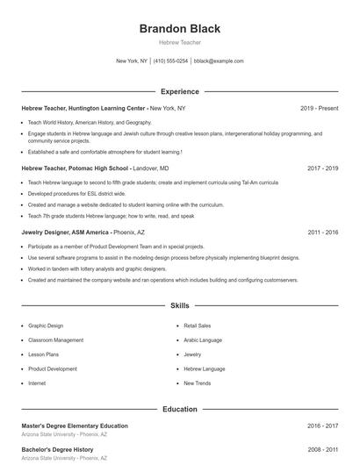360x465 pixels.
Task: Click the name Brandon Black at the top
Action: click(x=179, y=28)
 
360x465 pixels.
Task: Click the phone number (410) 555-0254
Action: click(x=170, y=61)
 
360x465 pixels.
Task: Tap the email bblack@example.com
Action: click(x=219, y=61)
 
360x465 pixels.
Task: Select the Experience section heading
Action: click(x=179, y=91)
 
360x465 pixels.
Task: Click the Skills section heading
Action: click(x=179, y=306)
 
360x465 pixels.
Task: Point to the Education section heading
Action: click(x=179, y=409)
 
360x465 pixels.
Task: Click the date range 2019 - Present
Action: click(x=319, y=108)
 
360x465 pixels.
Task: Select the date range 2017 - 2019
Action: click(x=322, y=168)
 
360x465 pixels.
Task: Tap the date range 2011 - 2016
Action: click(x=322, y=232)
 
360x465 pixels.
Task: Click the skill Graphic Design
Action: click(x=46, y=325)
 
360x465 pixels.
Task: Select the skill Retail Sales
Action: click(x=198, y=325)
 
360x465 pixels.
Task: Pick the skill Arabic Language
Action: click(x=203, y=340)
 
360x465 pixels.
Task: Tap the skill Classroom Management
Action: click(x=55, y=340)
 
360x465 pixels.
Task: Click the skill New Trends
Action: click(x=197, y=383)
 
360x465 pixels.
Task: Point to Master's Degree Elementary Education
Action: click(x=75, y=426)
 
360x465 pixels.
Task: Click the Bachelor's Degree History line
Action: click(x=57, y=449)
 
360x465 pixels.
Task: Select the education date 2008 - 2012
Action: click(x=322, y=449)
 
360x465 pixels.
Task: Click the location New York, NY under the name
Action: click(x=132, y=61)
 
